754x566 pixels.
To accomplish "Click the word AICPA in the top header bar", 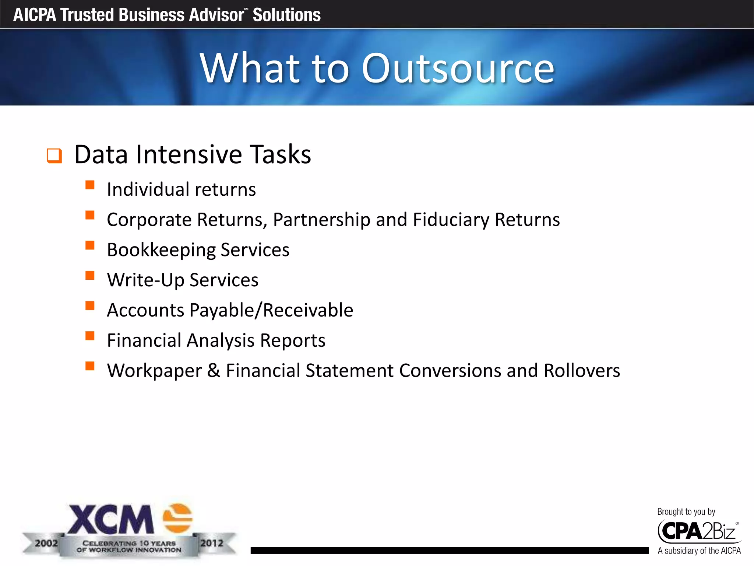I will tap(35, 15).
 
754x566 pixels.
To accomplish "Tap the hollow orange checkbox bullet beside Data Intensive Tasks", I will tap(54, 156).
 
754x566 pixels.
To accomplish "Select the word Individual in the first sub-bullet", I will tap(148, 189).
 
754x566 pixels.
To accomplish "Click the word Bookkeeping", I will tap(161, 250).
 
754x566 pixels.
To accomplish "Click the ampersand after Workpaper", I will tap(214, 371).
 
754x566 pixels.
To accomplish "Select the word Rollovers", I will tap(582, 371).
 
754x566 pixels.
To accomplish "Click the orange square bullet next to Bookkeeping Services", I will tap(90, 245).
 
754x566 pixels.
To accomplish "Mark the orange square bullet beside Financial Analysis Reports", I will tap(90, 336).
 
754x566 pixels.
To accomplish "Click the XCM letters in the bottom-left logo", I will tap(110, 520).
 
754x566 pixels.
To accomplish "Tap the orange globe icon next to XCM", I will tap(177, 518).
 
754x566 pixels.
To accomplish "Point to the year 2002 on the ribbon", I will tap(46, 543).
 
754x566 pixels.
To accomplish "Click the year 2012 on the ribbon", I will tap(212, 543).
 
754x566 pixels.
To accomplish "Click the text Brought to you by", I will tap(686, 512).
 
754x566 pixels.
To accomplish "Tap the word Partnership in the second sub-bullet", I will tap(321, 220).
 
